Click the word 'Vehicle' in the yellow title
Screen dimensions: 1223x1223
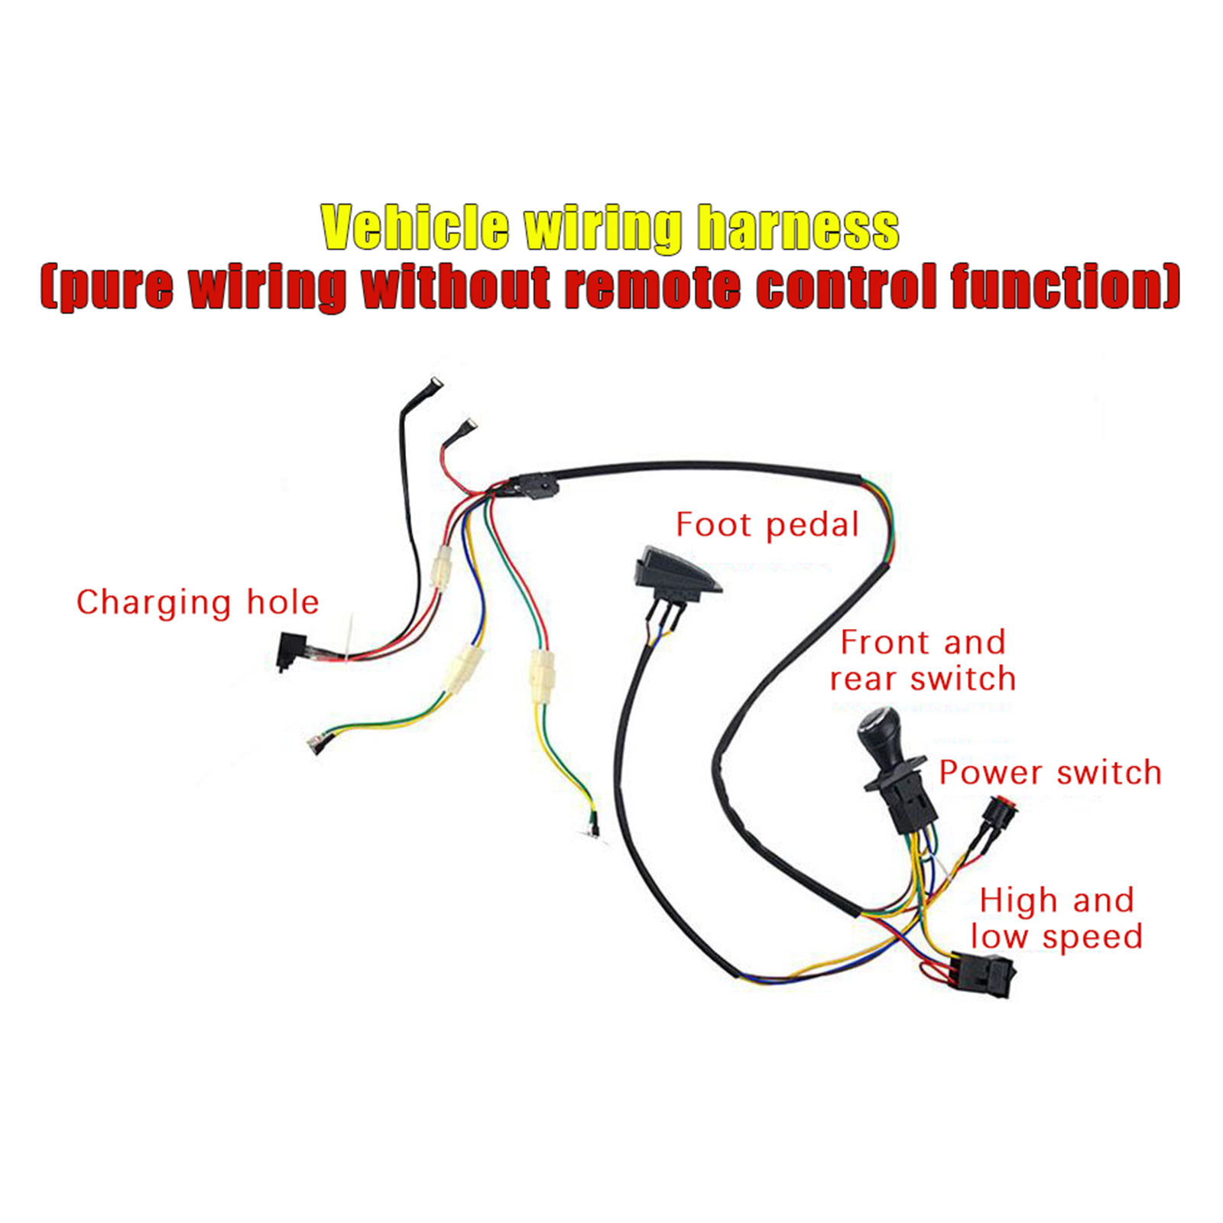coord(414,227)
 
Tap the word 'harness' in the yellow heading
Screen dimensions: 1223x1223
coord(798,227)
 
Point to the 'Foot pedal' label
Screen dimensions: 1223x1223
coord(767,525)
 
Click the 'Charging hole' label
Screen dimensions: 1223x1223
coord(197,602)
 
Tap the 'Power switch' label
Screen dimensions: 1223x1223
coord(1050,773)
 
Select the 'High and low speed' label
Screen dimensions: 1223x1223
coord(1056,918)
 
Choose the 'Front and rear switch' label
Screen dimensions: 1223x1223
coord(923,660)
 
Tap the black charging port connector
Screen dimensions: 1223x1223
coord(290,650)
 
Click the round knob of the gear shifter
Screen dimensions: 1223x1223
coord(880,733)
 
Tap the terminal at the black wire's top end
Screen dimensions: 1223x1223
coord(436,384)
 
